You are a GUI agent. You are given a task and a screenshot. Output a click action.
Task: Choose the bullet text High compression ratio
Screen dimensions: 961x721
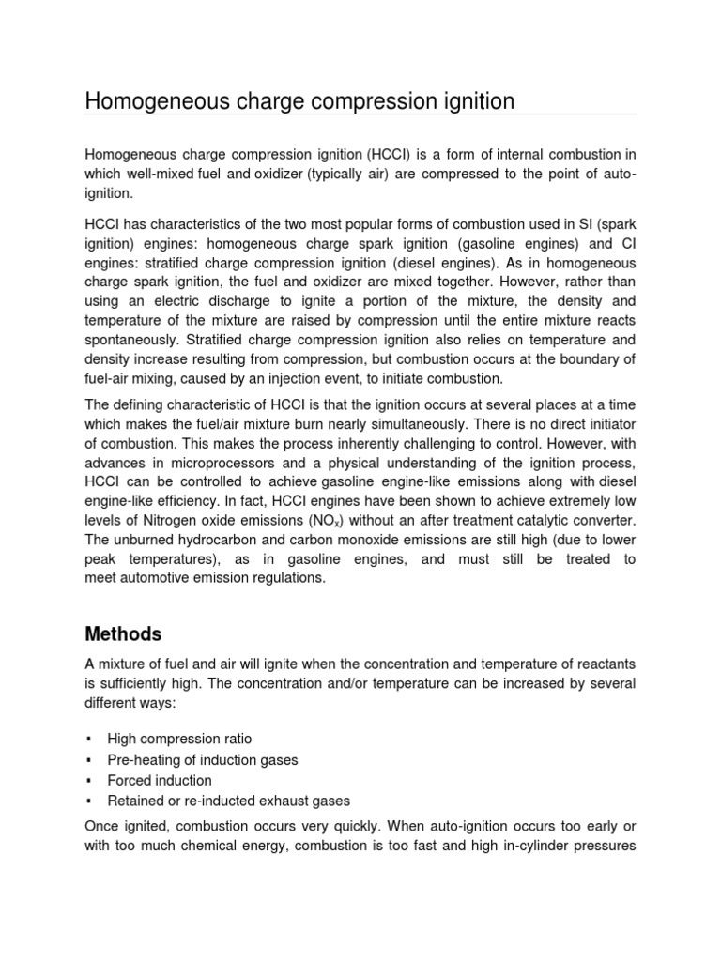coord(179,740)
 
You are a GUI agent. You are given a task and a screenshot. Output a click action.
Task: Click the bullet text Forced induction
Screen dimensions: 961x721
coord(160,780)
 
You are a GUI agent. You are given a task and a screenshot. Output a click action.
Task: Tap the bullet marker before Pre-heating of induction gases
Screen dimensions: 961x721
coord(87,760)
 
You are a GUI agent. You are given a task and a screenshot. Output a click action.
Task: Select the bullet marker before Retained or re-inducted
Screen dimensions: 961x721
coord(87,801)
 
